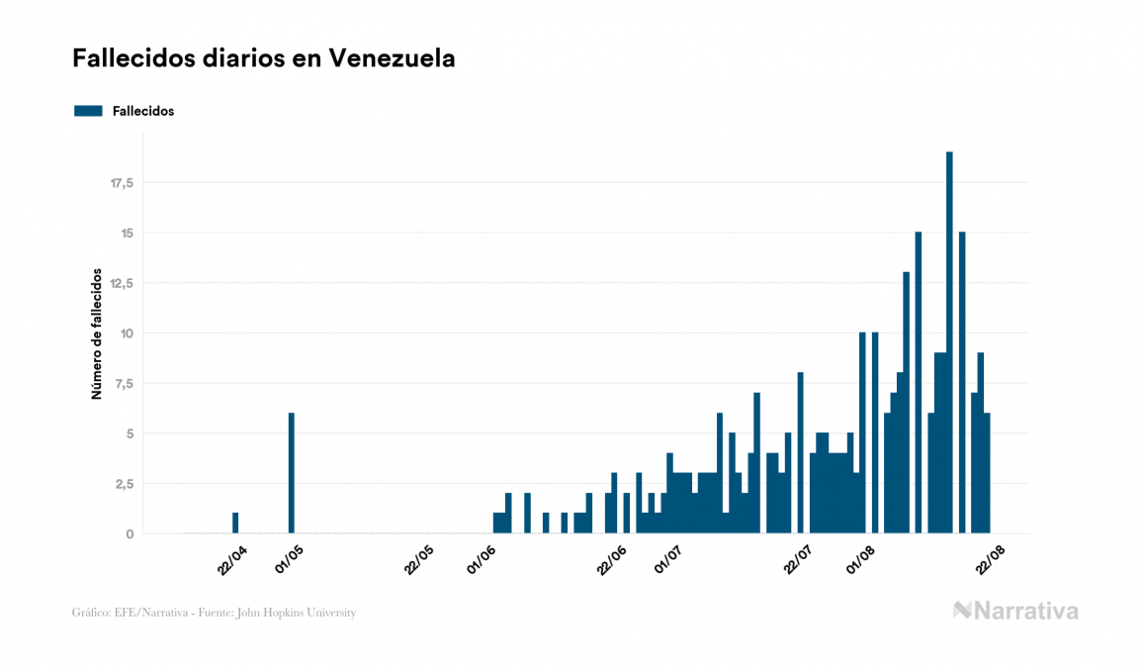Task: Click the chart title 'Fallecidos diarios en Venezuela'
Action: pos(264,58)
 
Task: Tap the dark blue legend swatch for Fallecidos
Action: pos(88,111)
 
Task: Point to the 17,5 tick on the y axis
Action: pos(122,183)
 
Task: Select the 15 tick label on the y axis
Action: pos(127,234)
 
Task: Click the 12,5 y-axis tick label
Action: pos(122,283)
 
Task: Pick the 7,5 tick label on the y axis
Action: pos(125,384)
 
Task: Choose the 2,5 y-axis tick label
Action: pos(125,484)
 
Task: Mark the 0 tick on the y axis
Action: pos(130,534)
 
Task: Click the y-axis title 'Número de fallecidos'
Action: pos(97,333)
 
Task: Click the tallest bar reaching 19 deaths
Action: pos(949,342)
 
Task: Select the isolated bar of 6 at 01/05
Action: pos(292,473)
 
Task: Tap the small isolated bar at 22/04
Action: pos(235,523)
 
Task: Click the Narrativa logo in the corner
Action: pos(1015,611)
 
